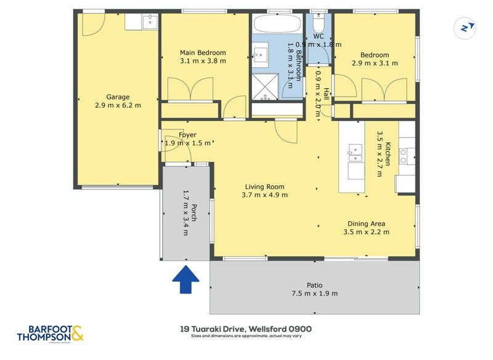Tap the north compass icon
point(467,27)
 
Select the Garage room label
point(118,97)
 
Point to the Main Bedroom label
point(203,52)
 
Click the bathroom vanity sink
point(259,54)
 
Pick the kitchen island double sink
point(355,153)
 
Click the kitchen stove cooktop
point(405,157)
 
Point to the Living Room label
point(264,187)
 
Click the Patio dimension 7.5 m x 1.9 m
point(314,293)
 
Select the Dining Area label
point(366,224)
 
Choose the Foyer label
point(187,135)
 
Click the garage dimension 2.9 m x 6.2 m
point(118,105)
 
